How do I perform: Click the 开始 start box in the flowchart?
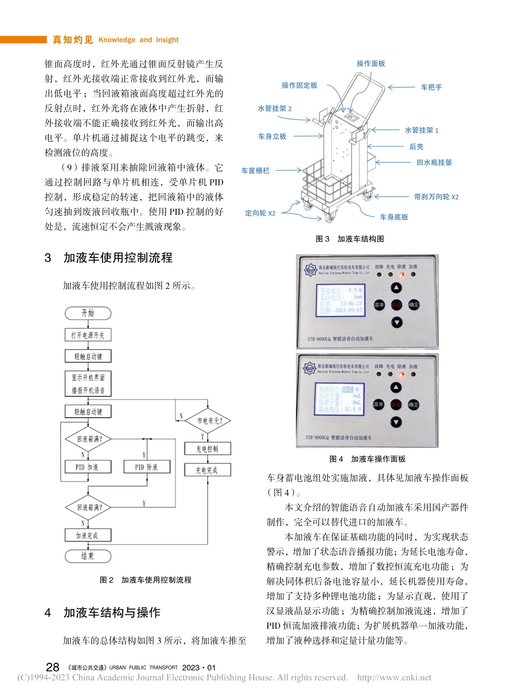[87, 314]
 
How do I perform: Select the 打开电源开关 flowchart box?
[87, 335]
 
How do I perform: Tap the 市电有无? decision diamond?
[208, 421]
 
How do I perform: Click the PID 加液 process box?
[87, 467]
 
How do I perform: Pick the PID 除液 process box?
[146, 467]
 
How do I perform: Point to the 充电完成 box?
[207, 470]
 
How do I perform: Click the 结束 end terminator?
[87, 556]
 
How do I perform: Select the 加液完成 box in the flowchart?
[87, 536]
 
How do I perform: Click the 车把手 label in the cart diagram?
[431, 87]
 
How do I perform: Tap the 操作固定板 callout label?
[299, 85]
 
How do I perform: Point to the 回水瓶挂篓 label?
[434, 162]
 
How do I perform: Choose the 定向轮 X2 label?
[260, 213]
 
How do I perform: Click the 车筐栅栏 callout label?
[255, 171]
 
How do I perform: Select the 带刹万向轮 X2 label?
[436, 197]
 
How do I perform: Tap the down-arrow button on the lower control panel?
[396, 422]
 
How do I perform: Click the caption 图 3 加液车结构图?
[349, 239]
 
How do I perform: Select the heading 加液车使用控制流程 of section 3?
[118, 258]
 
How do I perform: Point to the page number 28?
[52, 667]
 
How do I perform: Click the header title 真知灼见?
[73, 39]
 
